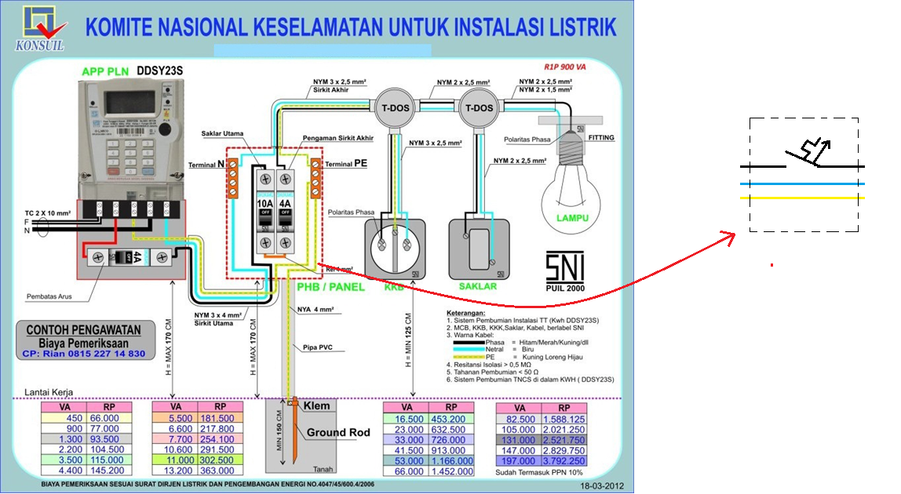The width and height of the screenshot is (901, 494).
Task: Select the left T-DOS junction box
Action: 389,107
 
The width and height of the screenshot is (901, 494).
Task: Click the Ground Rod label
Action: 337,432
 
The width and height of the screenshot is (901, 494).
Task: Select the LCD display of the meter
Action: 128,103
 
